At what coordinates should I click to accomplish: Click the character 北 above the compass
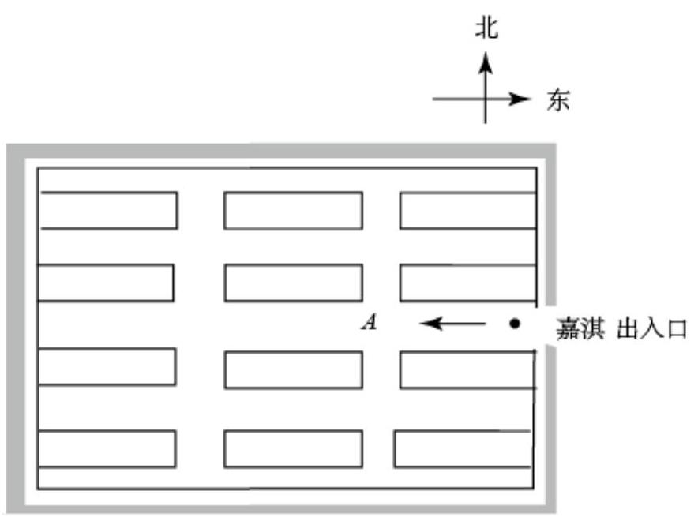tap(486, 29)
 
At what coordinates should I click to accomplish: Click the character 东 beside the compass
tap(557, 100)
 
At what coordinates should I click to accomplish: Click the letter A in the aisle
tap(367, 322)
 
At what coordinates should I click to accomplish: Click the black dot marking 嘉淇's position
tap(515, 323)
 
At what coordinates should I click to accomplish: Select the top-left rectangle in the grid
tap(108, 210)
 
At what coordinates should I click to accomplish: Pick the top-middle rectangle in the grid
tap(293, 211)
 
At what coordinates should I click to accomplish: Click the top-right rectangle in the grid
tap(467, 211)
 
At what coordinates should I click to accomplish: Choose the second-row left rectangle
tap(106, 283)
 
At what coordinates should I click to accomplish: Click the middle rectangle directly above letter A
tap(293, 283)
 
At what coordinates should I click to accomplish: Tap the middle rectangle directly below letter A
tap(293, 369)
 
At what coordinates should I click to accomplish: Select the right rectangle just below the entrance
tap(467, 369)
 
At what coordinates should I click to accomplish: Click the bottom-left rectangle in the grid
tap(106, 448)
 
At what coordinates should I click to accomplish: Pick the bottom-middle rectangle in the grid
tap(293, 448)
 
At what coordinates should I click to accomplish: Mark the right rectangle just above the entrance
tap(467, 283)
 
